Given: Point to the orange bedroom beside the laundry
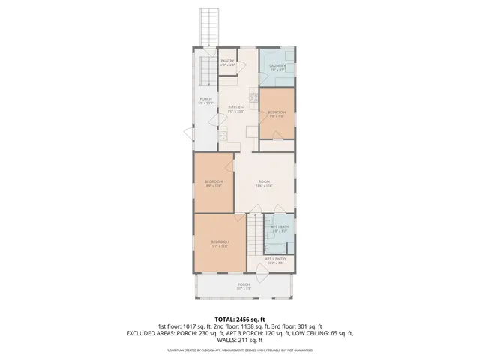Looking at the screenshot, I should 277,113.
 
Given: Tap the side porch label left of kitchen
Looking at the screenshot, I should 205,101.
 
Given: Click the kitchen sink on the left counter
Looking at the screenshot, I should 223,134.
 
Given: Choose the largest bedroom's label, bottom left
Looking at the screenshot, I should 220,243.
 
